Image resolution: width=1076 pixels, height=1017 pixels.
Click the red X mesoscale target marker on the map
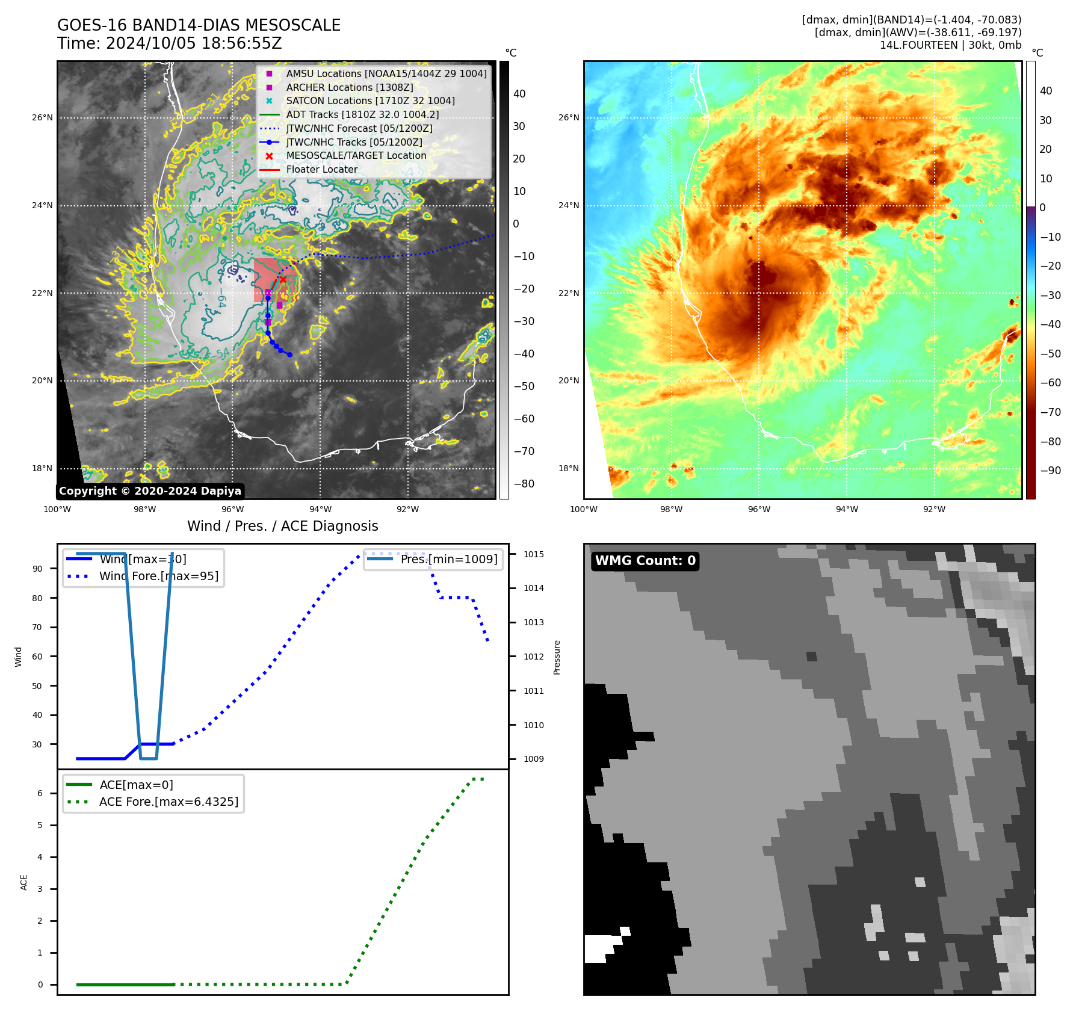(x=283, y=279)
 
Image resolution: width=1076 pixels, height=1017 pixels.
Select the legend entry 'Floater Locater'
(x=321, y=170)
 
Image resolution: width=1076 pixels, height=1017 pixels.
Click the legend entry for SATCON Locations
(x=370, y=101)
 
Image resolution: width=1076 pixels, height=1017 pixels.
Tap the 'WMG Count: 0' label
(x=645, y=561)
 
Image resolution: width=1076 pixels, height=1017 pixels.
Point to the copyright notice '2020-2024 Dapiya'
(x=150, y=491)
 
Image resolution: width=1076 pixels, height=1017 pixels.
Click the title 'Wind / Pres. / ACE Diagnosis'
(x=283, y=527)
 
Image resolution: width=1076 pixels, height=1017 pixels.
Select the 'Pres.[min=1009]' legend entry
(x=449, y=560)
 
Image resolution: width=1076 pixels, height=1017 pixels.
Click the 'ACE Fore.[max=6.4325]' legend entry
(x=169, y=802)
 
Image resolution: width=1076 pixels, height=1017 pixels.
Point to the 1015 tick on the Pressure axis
(x=533, y=554)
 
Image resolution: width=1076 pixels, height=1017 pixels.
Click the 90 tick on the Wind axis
(x=37, y=569)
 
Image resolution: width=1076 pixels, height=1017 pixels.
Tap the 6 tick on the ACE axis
(x=40, y=794)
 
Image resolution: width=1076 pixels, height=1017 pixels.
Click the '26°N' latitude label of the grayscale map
(x=42, y=118)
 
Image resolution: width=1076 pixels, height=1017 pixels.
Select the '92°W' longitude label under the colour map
(x=934, y=510)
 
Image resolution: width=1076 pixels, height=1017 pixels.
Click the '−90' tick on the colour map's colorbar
(x=1050, y=471)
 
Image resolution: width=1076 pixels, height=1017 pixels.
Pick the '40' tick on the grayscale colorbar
(x=519, y=94)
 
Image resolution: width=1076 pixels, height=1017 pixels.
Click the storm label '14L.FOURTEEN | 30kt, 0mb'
(x=950, y=45)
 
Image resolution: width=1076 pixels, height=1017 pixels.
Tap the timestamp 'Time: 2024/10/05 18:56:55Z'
(x=170, y=43)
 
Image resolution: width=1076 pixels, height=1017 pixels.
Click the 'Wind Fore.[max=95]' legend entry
(x=159, y=577)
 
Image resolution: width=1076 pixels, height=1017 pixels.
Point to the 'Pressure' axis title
(x=557, y=657)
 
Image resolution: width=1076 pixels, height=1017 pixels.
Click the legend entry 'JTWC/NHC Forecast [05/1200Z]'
(x=359, y=129)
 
